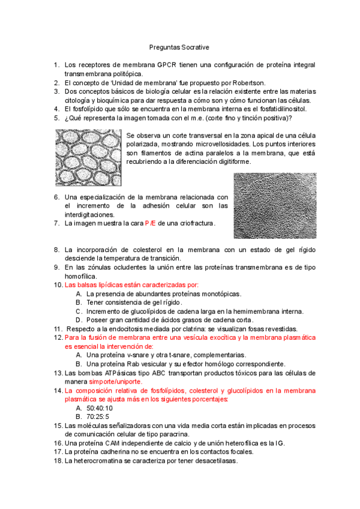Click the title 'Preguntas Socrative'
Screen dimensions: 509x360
coord(179,46)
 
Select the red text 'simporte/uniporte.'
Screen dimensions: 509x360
coord(115,381)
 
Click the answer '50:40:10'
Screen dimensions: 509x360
coord(100,408)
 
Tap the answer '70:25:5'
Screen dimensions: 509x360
coord(98,416)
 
